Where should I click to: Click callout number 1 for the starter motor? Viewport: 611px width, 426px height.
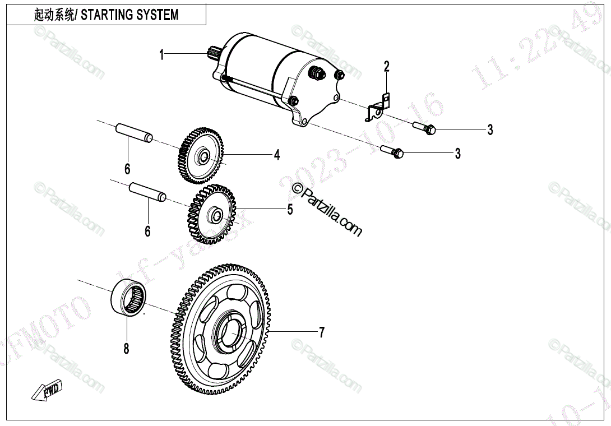(161, 54)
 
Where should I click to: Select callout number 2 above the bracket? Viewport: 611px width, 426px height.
(386, 67)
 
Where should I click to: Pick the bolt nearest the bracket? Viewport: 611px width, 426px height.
(425, 128)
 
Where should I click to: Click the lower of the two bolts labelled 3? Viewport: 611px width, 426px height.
(393, 151)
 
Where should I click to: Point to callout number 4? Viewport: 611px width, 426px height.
(276, 155)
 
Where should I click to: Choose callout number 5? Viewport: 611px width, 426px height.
(290, 210)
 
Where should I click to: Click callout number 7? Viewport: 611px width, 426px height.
(321, 332)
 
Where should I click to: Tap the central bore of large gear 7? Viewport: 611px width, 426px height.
(229, 334)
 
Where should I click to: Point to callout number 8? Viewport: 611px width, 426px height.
(126, 349)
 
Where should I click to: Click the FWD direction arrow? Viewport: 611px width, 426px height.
(47, 390)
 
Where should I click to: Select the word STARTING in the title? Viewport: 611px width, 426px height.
(108, 15)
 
